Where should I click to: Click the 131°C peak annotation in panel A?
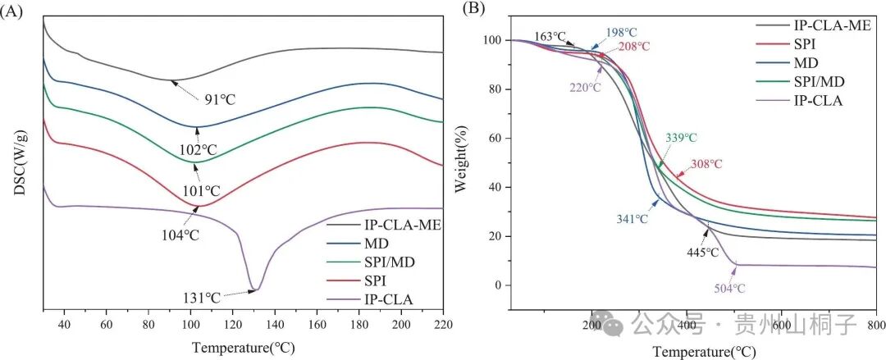click(201, 298)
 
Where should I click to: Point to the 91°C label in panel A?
click(219, 100)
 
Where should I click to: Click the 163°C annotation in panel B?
click(550, 37)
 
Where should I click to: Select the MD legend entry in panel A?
click(377, 244)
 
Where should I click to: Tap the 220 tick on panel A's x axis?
click(443, 325)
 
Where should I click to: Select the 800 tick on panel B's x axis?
click(875, 325)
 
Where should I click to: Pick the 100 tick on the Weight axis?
click(491, 40)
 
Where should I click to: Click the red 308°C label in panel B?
click(706, 165)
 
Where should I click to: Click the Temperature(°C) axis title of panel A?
click(243, 348)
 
